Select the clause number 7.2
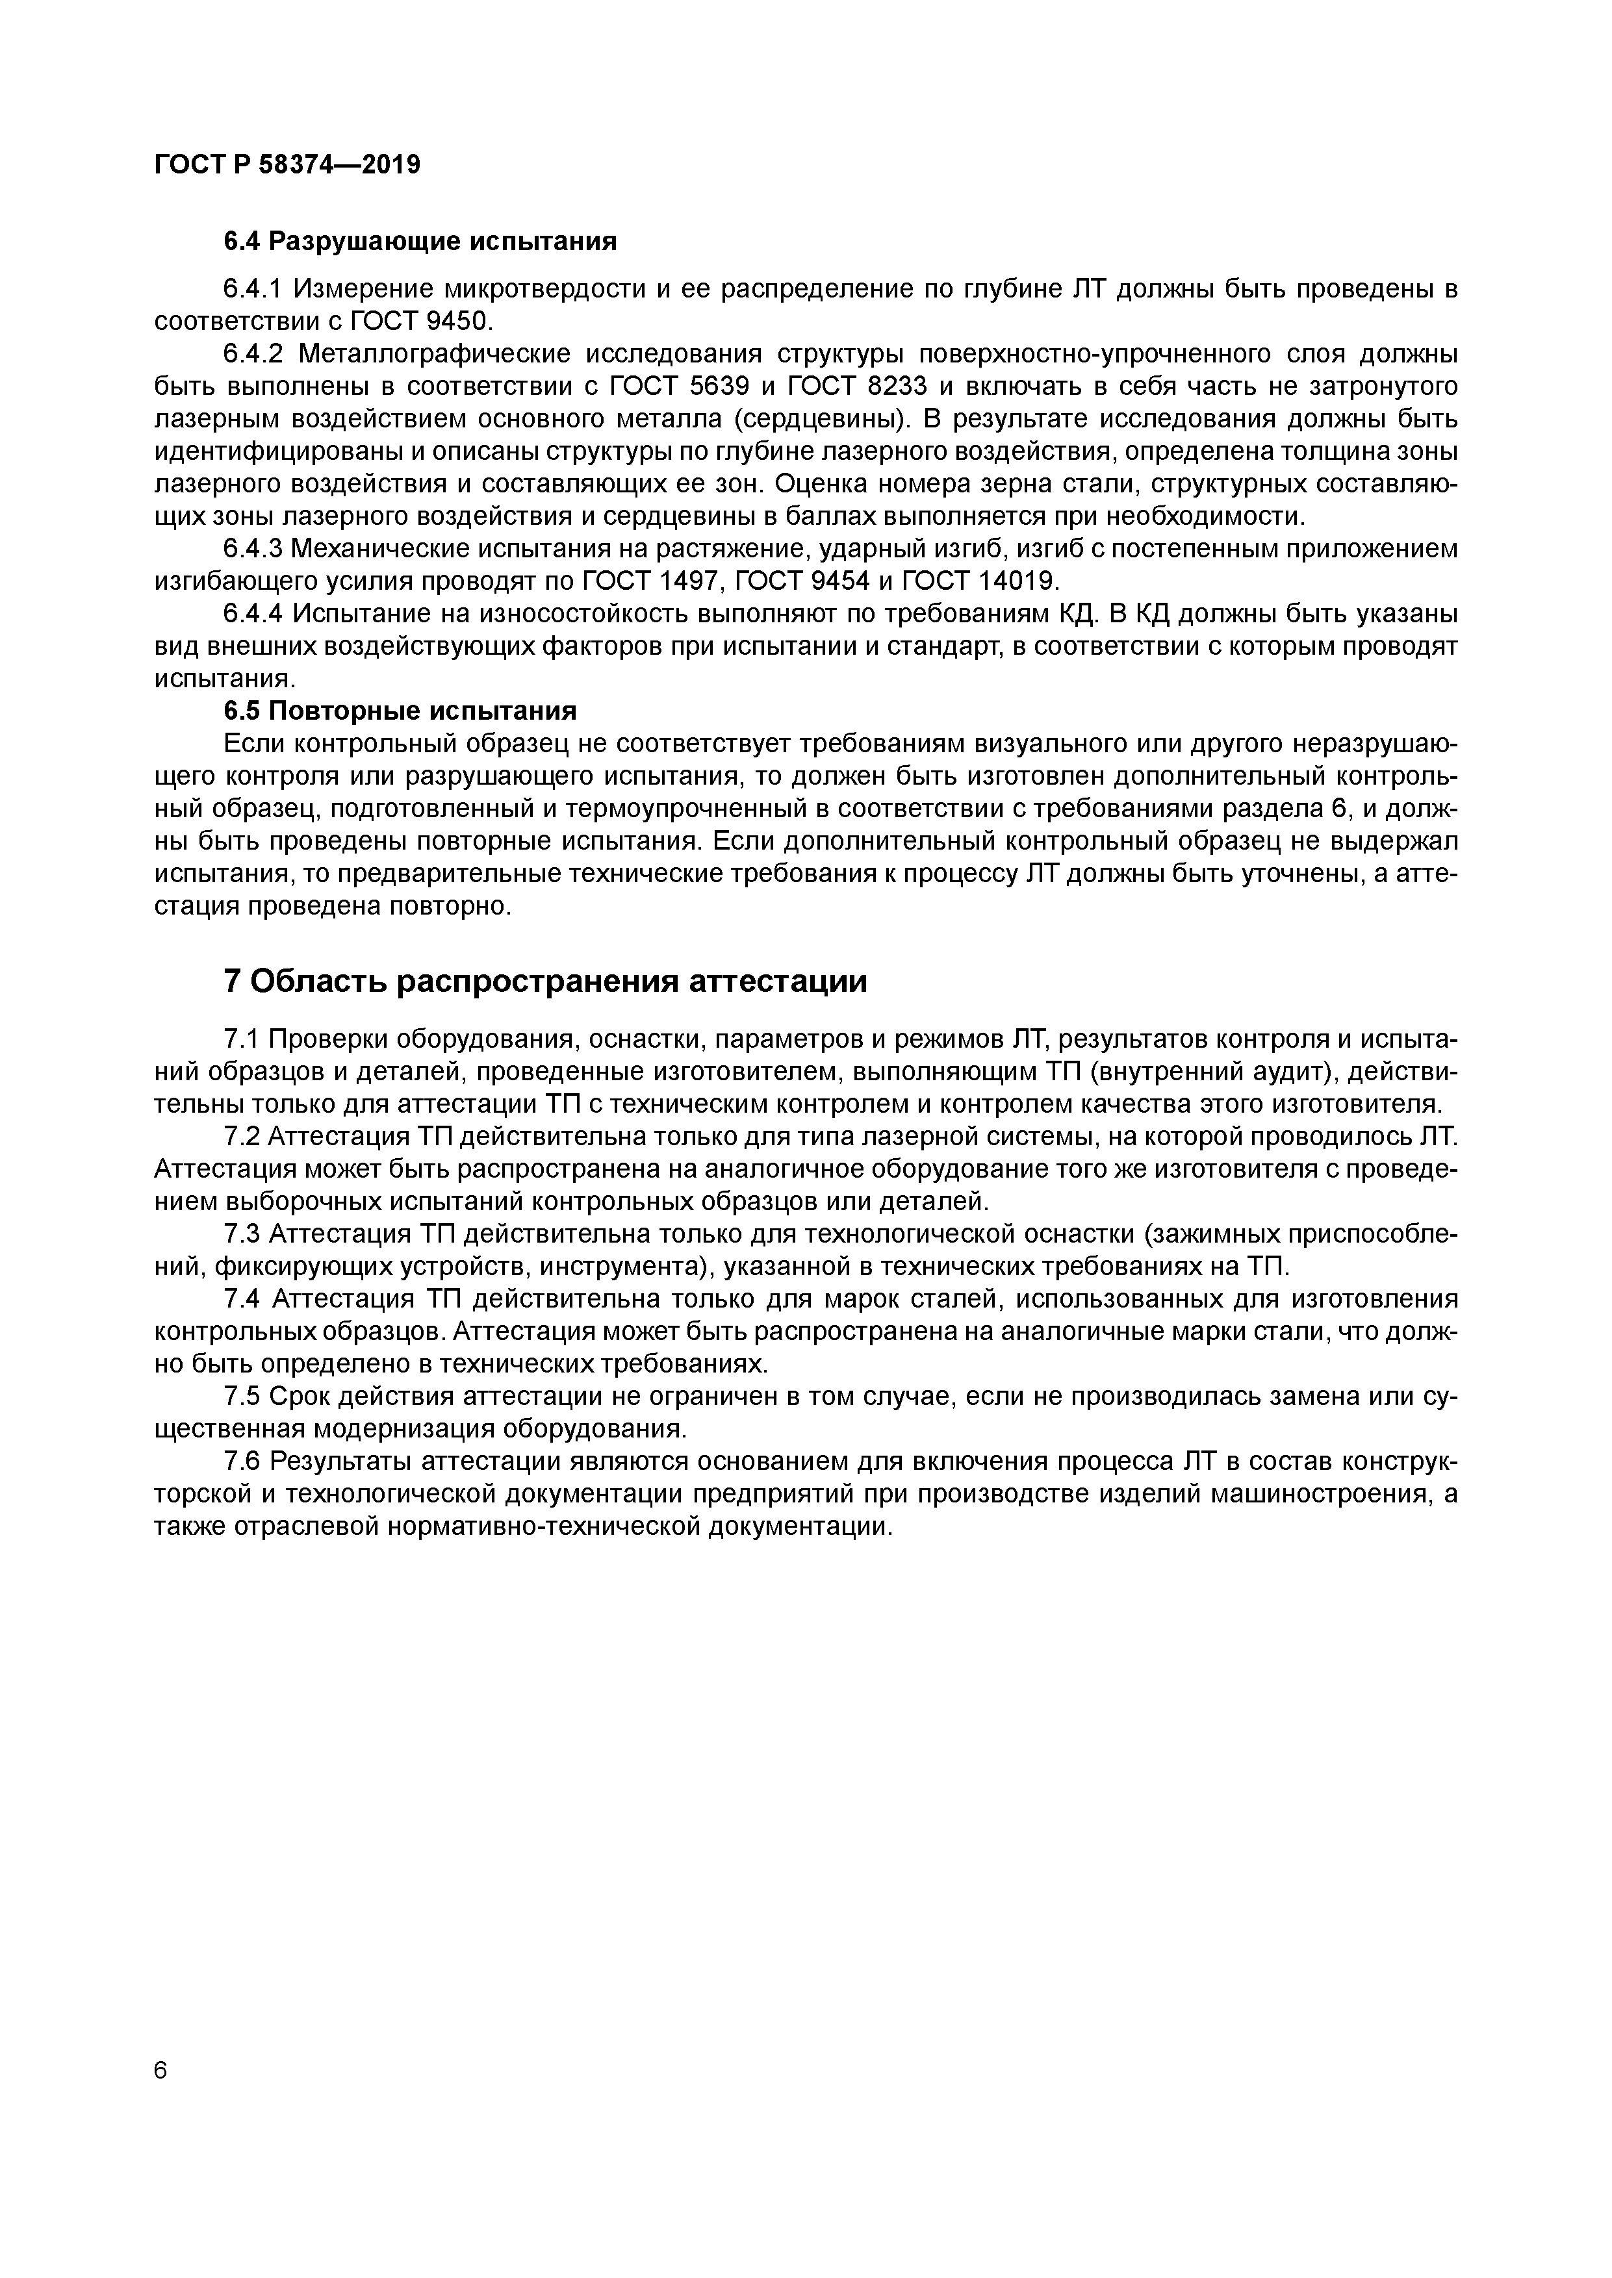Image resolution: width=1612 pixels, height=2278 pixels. pyautogui.click(x=241, y=1136)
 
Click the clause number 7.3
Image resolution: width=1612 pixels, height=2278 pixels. pyautogui.click(x=241, y=1234)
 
